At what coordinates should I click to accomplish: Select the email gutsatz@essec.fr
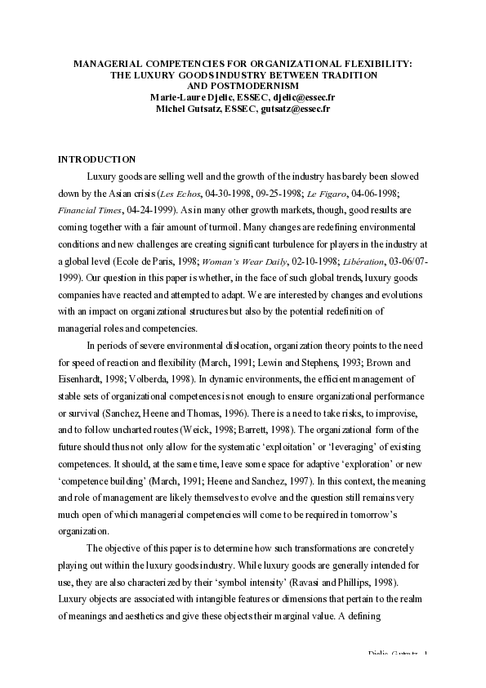tap(296, 108)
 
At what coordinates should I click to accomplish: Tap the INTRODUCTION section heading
tap(96, 159)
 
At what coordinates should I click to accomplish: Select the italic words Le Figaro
tap(323, 194)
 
